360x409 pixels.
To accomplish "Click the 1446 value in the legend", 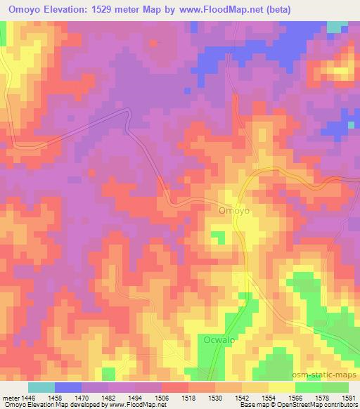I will click(x=30, y=398).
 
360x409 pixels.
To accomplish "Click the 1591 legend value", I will click(x=349, y=398).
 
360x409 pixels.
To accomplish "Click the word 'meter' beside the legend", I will click(x=10, y=398).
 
